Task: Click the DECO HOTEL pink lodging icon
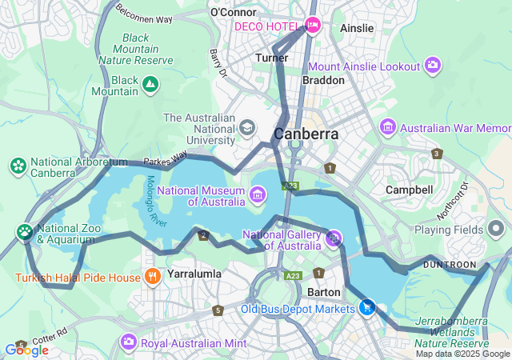[313, 26]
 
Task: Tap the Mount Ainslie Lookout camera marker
[433, 65]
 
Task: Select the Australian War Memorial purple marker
[388, 127]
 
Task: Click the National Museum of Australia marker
[258, 194]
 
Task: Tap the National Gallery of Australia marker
[334, 238]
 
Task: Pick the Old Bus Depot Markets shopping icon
[367, 307]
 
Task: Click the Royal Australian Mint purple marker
[128, 342]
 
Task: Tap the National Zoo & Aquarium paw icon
[25, 233]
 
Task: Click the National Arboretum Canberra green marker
[18, 166]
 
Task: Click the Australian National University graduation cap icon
[247, 126]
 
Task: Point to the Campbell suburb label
[409, 190]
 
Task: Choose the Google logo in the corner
[26, 350]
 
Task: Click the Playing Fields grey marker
[496, 230]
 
